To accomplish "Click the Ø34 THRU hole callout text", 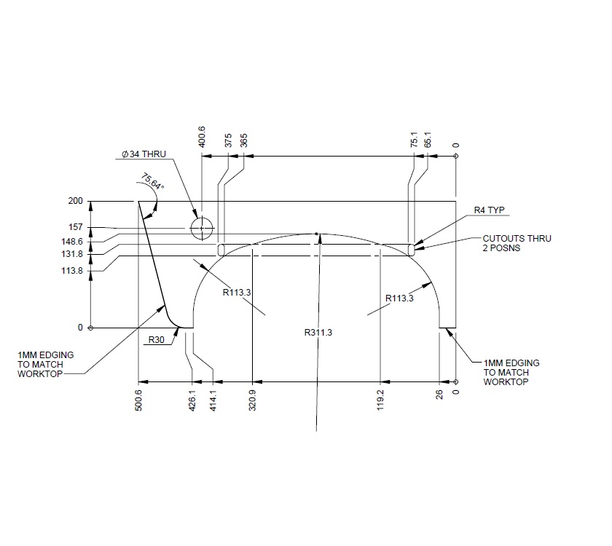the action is point(144,154).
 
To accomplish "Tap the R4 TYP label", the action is point(489,210).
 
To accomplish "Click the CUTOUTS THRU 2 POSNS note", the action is point(517,244).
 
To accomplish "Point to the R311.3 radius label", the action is point(318,333).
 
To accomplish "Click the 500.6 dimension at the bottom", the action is point(138,400).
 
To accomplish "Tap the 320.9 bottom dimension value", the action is point(252,400).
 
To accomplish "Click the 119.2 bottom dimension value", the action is point(380,400).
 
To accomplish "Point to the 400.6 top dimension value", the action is point(202,137).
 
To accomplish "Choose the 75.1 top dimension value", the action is point(415,140).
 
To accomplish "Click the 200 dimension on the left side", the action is point(75,201).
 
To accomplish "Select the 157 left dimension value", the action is point(75,227).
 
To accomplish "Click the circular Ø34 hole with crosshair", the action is point(202,228).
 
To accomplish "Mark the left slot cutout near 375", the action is point(221,250).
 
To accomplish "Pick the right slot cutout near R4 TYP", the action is point(412,250).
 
